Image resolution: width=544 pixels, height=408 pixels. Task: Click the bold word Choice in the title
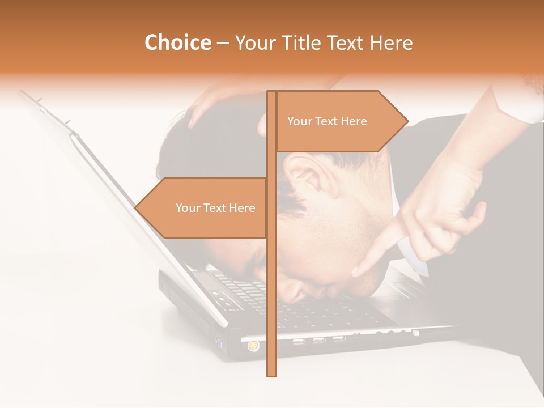point(177,42)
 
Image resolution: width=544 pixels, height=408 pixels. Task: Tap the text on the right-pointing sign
point(327,121)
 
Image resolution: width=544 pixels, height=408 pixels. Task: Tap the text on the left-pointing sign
point(215,208)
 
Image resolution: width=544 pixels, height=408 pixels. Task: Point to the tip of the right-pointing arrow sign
point(407,121)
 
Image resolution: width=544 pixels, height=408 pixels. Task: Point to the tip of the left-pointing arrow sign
point(135,207)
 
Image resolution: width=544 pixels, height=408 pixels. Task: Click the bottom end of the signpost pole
point(271,374)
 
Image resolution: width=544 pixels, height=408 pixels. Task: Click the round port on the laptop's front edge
point(252,344)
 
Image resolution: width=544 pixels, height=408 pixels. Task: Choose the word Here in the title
point(390,42)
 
